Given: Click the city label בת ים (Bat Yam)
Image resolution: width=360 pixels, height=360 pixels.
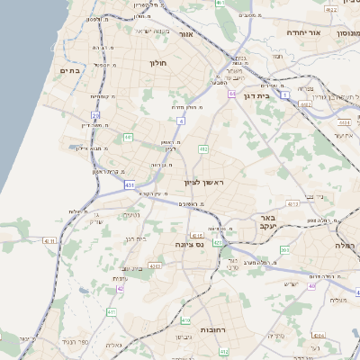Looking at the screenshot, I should point(69,70).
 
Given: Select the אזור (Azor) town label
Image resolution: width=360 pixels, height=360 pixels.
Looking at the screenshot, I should point(186,34).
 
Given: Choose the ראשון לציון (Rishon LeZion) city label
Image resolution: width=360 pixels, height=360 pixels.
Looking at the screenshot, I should point(208,184).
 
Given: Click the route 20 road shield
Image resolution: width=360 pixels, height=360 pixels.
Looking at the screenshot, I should point(95,114).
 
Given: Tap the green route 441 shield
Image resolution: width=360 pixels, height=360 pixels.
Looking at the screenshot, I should point(129,137).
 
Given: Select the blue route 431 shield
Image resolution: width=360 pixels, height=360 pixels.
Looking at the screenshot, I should point(130,184).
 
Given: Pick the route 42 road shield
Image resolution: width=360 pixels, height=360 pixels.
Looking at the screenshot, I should point(121,290).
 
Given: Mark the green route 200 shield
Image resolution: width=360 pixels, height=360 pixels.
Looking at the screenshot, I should point(284,249).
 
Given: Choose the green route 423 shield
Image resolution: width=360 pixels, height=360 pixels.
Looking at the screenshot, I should point(217,242).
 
